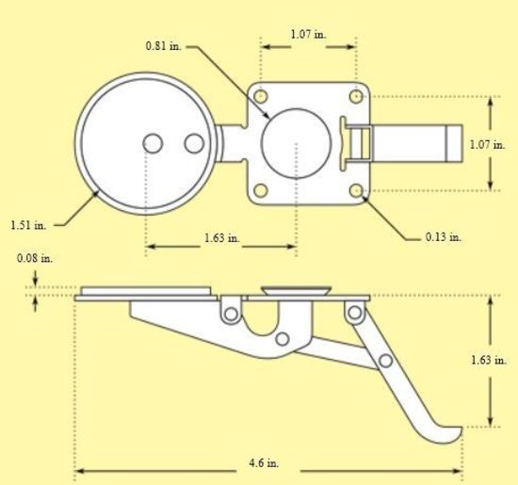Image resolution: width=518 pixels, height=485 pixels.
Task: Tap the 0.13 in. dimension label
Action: pyautogui.click(x=443, y=236)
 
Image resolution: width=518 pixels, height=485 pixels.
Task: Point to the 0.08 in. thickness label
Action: pyautogui.click(x=35, y=257)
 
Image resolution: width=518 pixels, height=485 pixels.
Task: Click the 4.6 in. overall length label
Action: pyautogui.click(x=267, y=464)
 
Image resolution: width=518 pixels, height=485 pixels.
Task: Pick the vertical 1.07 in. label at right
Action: pyautogui.click(x=487, y=144)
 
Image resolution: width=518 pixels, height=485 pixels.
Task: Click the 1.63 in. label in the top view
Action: pyautogui.click(x=222, y=237)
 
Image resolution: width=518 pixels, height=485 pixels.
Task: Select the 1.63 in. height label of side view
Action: pyautogui.click(x=487, y=360)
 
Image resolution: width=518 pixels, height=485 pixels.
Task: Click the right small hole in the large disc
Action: pyautogui.click(x=194, y=143)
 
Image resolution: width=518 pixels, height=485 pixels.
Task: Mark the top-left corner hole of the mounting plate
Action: pyautogui.click(x=261, y=96)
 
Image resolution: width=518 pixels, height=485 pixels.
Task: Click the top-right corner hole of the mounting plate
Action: pyautogui.click(x=356, y=96)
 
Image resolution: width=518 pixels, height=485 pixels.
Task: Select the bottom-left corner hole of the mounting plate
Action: pyautogui.click(x=261, y=190)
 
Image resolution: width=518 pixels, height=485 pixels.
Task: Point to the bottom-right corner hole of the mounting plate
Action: pyautogui.click(x=356, y=190)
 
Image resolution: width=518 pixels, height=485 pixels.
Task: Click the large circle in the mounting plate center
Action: pyautogui.click(x=297, y=143)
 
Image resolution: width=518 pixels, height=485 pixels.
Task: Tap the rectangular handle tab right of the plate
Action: pyautogui.click(x=414, y=144)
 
